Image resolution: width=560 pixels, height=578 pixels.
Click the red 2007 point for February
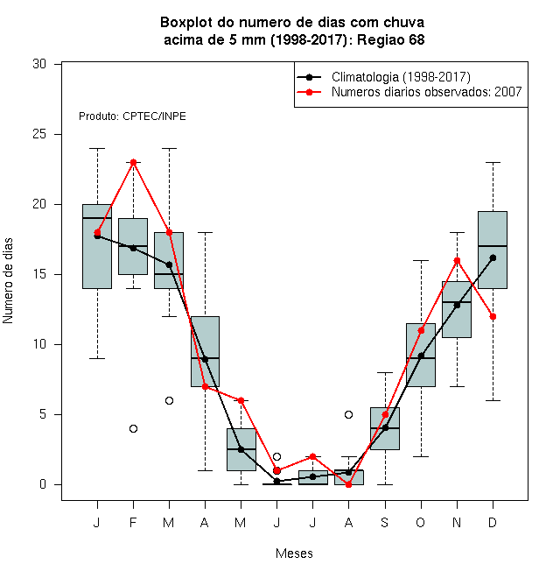point(133,162)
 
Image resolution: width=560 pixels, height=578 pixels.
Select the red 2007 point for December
point(493,317)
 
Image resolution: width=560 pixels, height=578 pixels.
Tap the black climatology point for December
point(493,257)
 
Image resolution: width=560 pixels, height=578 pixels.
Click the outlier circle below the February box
point(133,428)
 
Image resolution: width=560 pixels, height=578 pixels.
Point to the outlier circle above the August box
point(348,415)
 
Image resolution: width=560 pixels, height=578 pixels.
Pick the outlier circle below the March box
point(169,401)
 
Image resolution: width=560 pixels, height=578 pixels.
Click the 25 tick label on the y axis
point(39,134)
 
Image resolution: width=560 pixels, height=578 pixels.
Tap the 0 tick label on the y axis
point(43,484)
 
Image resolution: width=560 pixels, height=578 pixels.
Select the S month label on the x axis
point(385,522)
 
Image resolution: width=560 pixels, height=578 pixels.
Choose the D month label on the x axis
point(493,522)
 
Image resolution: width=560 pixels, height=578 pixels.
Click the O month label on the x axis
point(420,522)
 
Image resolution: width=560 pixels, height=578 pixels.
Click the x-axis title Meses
point(294,553)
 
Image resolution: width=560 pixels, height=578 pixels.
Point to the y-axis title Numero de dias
point(8,281)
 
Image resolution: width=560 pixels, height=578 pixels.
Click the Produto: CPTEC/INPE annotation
point(132,116)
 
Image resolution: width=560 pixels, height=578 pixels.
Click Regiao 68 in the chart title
point(391,39)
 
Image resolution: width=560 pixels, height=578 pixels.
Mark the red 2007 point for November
point(458,261)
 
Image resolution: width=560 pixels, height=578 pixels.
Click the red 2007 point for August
point(348,485)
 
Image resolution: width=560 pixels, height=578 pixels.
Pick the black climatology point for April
point(206,359)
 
